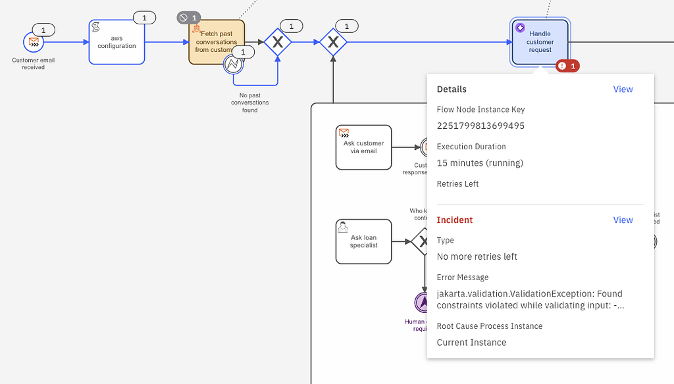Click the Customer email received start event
(33, 42)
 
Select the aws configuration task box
(117, 42)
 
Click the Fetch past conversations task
(216, 41)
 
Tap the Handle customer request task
(540, 42)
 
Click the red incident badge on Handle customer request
(567, 66)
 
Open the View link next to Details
(623, 89)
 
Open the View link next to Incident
(623, 220)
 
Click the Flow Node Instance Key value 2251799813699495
(480, 126)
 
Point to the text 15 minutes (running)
(480, 163)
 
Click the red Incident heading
(455, 220)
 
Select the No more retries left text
(477, 256)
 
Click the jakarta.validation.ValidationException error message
(530, 299)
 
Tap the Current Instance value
(471, 343)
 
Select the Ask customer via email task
(363, 147)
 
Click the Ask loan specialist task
(363, 241)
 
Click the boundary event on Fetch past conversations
(233, 64)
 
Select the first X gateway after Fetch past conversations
(278, 42)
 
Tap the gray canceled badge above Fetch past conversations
(190, 17)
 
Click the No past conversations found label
(249, 103)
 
